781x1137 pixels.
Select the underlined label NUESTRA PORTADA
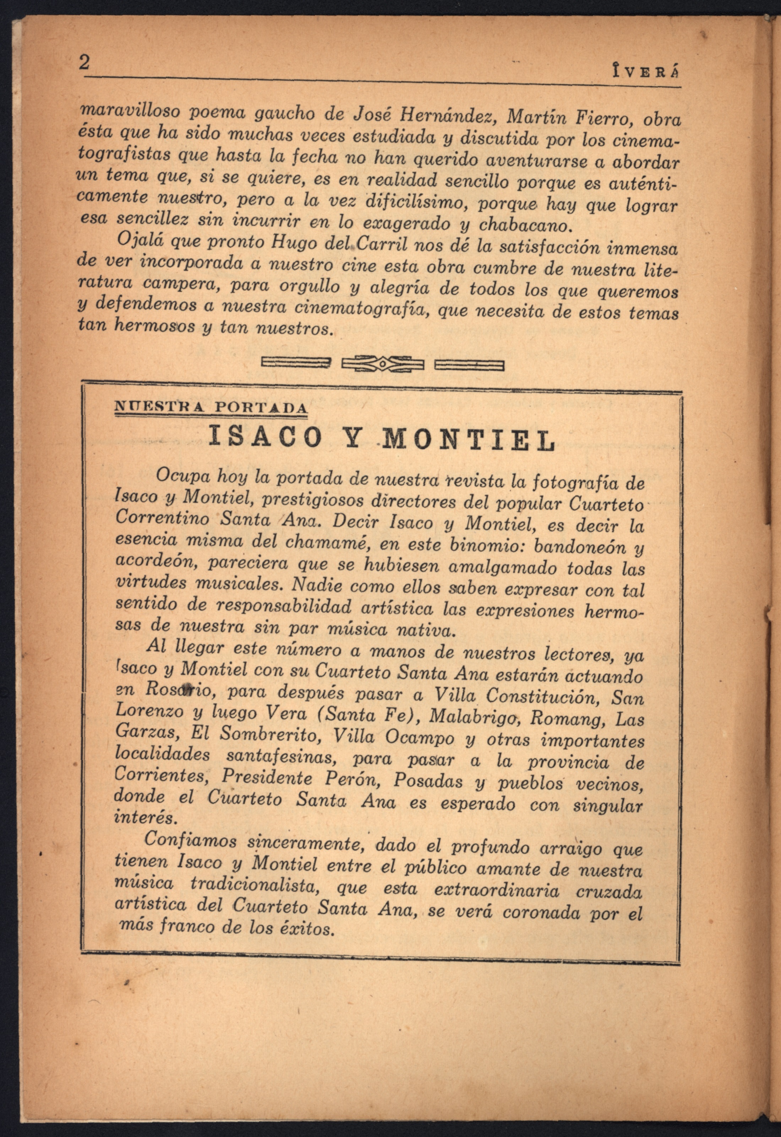[x=211, y=408]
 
